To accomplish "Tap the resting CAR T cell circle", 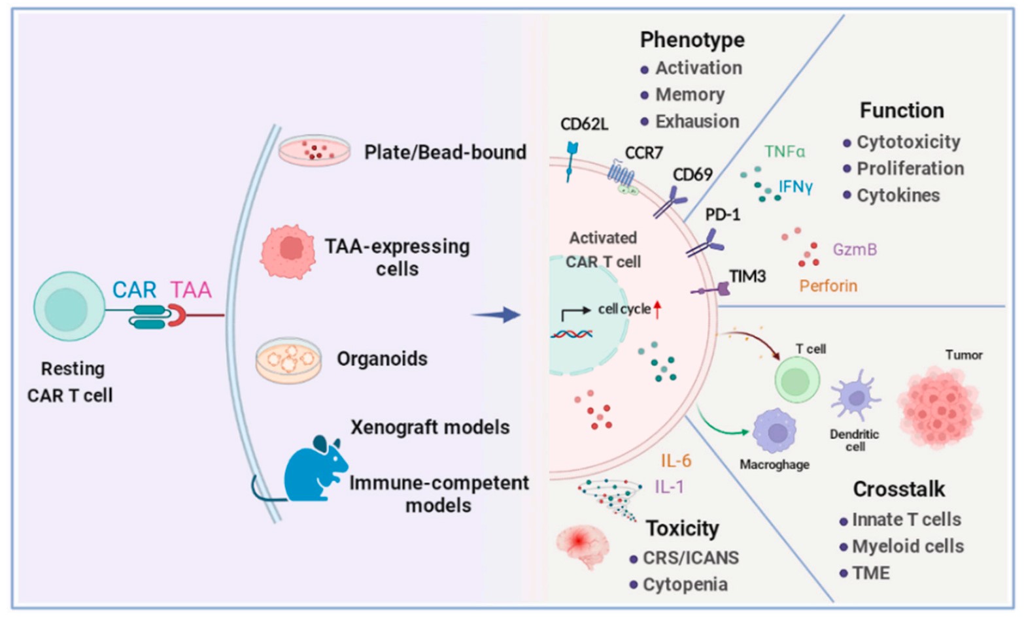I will click(69, 306).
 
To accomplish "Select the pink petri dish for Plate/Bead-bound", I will click(314, 151).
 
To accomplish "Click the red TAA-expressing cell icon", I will click(288, 252).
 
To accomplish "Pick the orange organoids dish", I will click(288, 359).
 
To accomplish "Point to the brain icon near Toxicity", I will click(581, 546).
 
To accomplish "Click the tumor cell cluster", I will click(939, 406).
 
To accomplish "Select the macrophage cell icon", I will click(776, 431).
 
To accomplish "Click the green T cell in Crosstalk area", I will click(797, 380).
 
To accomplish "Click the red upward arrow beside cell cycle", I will click(657, 309).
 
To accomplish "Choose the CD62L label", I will click(584, 124).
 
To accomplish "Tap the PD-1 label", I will click(722, 214).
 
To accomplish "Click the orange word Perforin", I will click(828, 285).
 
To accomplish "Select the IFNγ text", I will click(795, 187).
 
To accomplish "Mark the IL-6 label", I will click(675, 461).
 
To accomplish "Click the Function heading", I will click(901, 110).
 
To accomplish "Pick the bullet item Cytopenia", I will click(685, 584).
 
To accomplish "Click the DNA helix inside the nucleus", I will click(571, 334).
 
